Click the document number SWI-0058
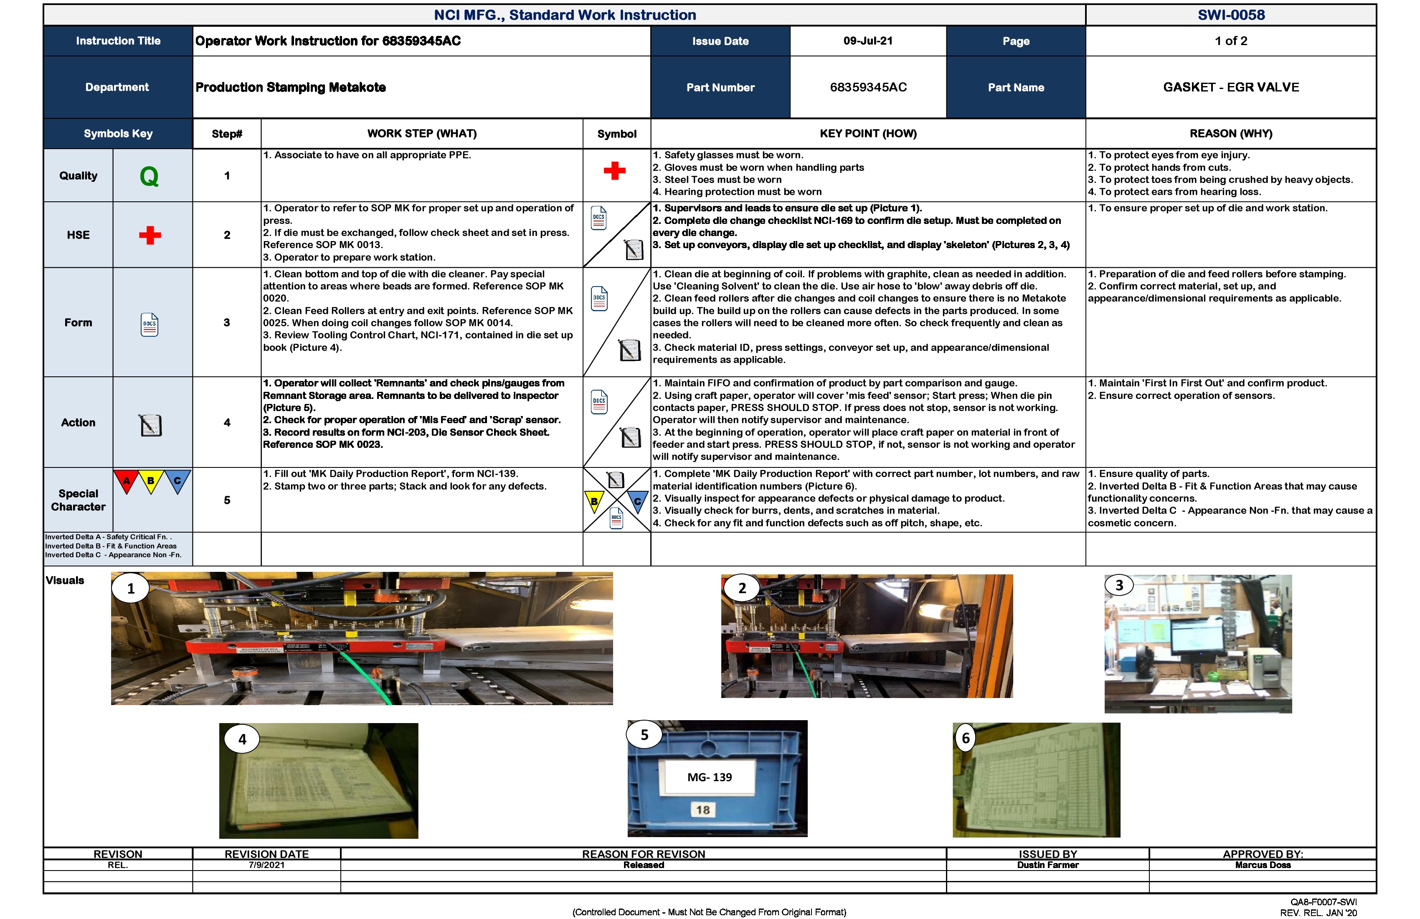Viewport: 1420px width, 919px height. click(x=1230, y=15)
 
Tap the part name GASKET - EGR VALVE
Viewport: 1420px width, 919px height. click(x=1230, y=87)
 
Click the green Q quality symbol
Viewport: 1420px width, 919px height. click(x=149, y=176)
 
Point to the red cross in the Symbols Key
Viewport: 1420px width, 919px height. click(x=150, y=235)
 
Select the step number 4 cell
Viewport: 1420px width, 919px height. click(x=227, y=422)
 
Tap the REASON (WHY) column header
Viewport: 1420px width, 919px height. click(x=1230, y=134)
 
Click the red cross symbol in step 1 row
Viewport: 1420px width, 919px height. click(x=614, y=171)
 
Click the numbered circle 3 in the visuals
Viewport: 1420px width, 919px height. click(x=1119, y=585)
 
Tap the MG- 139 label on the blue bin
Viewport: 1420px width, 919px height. click(x=710, y=777)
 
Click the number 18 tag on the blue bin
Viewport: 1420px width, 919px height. click(x=703, y=810)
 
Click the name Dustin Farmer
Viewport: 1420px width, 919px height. click(x=1048, y=865)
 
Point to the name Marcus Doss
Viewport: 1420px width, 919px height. click(x=1263, y=865)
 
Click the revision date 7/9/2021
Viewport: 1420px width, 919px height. click(x=267, y=865)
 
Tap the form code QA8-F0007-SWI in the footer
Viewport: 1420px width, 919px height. click(x=1324, y=902)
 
